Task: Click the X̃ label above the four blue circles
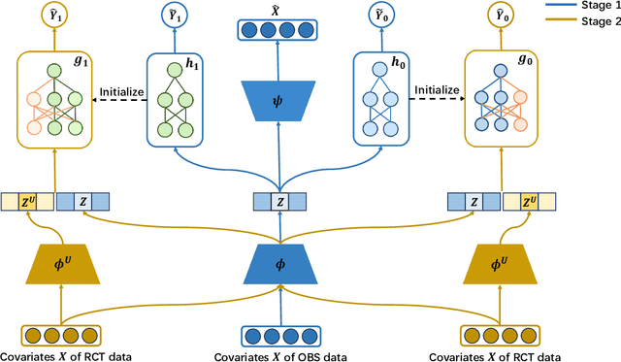(280, 10)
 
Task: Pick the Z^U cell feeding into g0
(530, 201)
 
